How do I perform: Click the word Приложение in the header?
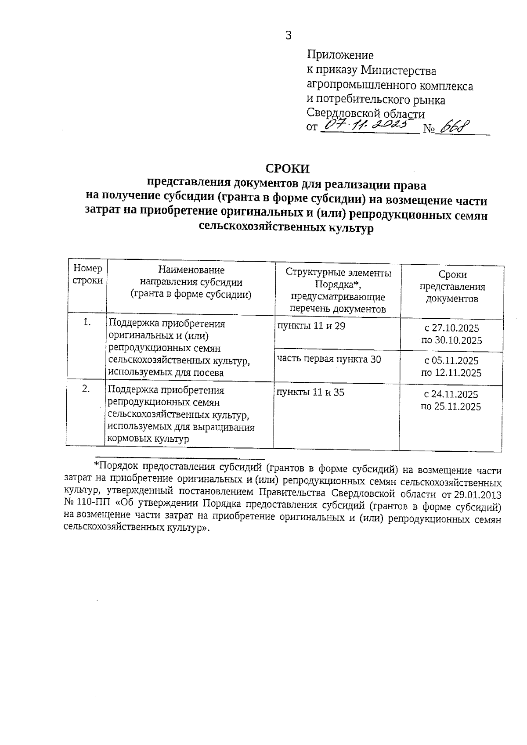coord(340,55)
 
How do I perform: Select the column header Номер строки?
coord(88,274)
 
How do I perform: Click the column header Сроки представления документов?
coord(452,287)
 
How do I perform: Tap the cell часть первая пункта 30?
coord(329,360)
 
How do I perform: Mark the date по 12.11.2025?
coord(451,373)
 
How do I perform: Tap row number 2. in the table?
coord(86,389)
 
